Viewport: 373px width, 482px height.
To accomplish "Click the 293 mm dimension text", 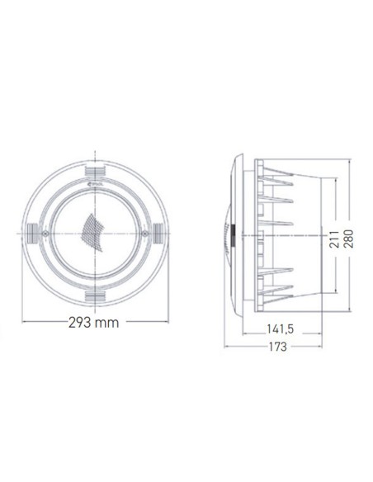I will coord(97,323).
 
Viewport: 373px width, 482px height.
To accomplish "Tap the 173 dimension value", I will coord(276,347).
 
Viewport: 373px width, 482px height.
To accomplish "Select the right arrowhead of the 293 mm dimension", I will coord(168,323).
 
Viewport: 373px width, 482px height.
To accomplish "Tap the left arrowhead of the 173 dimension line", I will coord(228,347).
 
